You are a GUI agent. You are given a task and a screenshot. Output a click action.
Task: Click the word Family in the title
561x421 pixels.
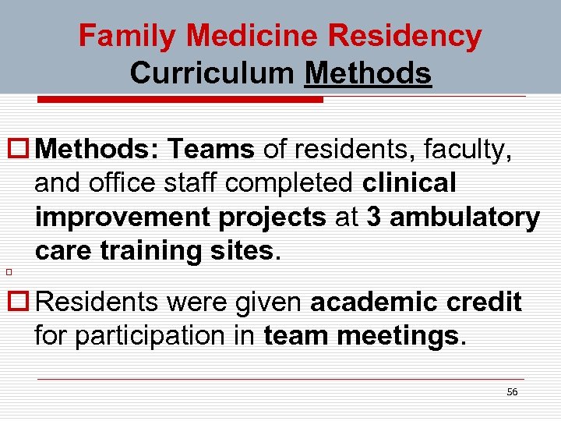[x=129, y=36]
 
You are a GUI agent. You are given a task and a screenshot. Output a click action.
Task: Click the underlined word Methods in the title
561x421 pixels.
[x=368, y=73]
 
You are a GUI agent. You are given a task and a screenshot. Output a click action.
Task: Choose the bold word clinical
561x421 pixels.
[x=409, y=183]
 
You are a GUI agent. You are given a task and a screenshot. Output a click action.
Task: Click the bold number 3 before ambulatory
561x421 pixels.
[x=373, y=218]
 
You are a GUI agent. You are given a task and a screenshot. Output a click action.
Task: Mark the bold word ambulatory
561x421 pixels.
[x=464, y=218]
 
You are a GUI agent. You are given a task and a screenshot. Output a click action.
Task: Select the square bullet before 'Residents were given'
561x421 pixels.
[x=19, y=302]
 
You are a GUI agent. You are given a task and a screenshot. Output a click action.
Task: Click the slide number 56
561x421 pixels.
[x=511, y=392]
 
